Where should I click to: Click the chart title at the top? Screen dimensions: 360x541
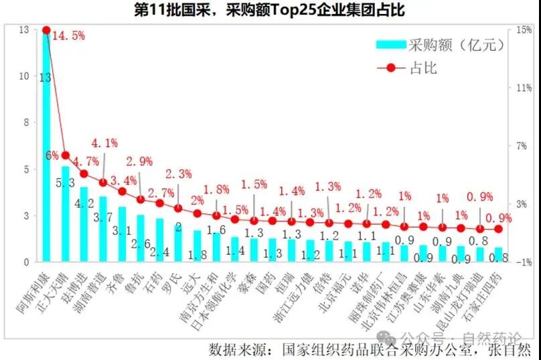270,10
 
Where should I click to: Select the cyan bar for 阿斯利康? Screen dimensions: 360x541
46,167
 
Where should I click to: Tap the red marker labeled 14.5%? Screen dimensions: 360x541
46,30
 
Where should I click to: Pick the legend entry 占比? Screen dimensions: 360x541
421,68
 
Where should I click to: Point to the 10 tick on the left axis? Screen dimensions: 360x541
23,76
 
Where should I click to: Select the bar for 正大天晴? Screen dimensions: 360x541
66,214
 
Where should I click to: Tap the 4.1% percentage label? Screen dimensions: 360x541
104,143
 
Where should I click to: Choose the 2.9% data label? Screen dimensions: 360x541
139,161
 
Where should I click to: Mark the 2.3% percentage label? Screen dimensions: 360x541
178,174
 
